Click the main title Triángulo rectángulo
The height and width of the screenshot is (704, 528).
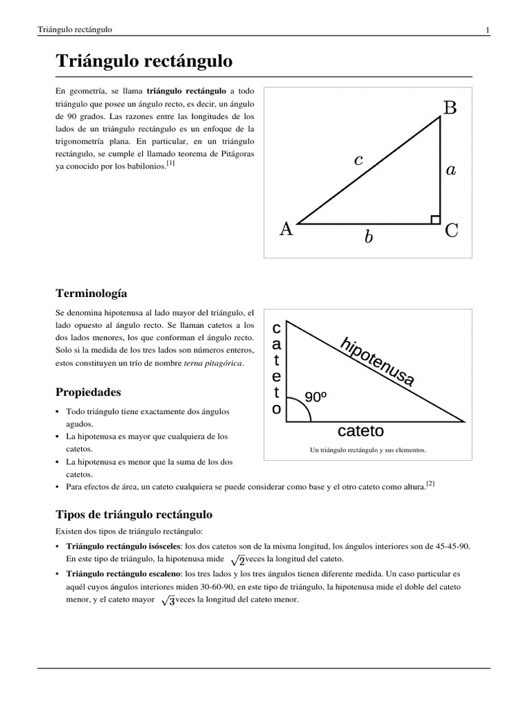coord(144,62)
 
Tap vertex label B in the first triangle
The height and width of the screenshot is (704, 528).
coord(450,108)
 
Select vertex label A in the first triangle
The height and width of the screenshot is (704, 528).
coord(286,230)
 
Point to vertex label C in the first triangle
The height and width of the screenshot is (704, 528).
coord(451,231)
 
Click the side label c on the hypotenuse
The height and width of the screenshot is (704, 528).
coord(358,160)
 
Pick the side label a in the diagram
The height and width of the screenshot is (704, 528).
coord(450,170)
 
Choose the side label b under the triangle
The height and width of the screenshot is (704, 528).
coord(368,238)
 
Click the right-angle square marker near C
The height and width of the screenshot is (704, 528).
coord(435,219)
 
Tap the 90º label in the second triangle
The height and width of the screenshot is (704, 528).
coord(316,397)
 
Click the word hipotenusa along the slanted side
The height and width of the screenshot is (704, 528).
coord(377,362)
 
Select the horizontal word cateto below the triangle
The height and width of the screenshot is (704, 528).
coord(360,431)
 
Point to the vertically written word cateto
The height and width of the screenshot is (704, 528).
coord(276,368)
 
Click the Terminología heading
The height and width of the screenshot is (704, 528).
coord(91,293)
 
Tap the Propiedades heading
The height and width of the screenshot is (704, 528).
coord(88,392)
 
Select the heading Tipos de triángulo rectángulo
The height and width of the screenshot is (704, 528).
coord(133,514)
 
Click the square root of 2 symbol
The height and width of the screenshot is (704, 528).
coord(237,560)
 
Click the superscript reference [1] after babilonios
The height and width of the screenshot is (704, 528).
coord(170,163)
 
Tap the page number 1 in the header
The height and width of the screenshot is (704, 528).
coord(487,30)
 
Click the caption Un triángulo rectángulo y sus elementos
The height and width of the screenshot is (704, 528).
coord(368,450)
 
